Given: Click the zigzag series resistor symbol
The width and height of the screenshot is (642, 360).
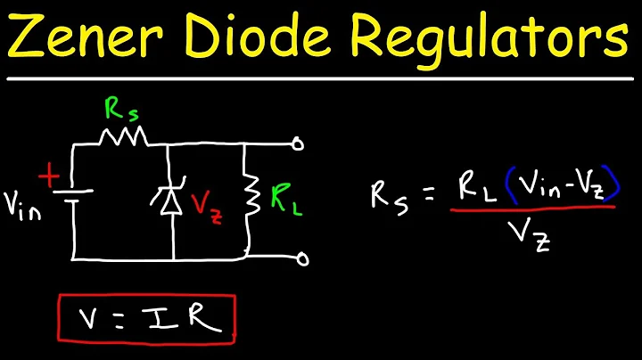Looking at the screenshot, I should pyautogui.click(x=121, y=135).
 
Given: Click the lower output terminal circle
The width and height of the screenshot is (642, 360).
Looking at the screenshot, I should pyautogui.click(x=302, y=260).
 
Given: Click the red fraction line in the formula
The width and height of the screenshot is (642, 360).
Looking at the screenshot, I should pyautogui.click(x=532, y=209).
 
